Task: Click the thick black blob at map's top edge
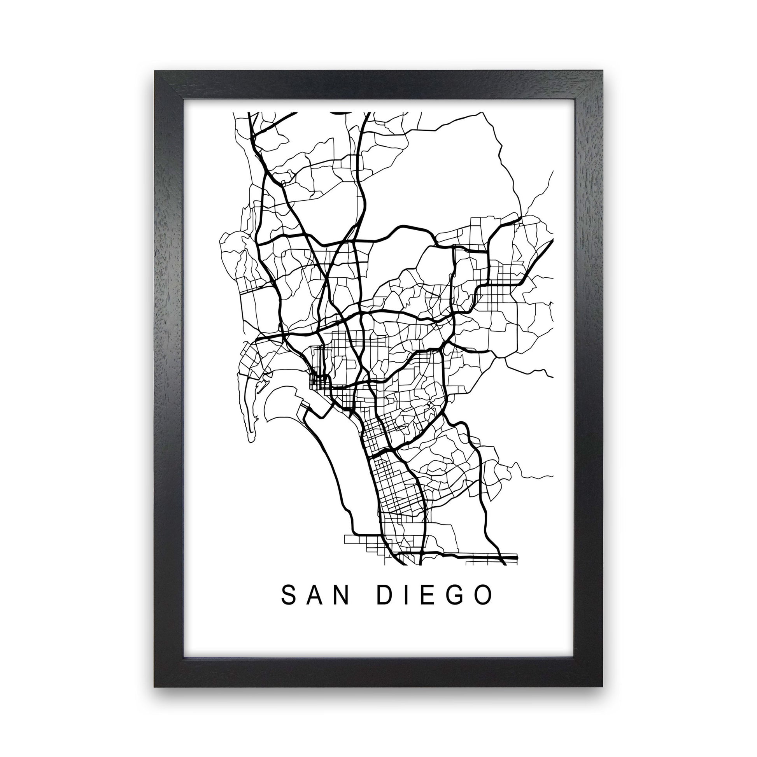[341, 112]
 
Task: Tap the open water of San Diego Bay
[345, 450]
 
